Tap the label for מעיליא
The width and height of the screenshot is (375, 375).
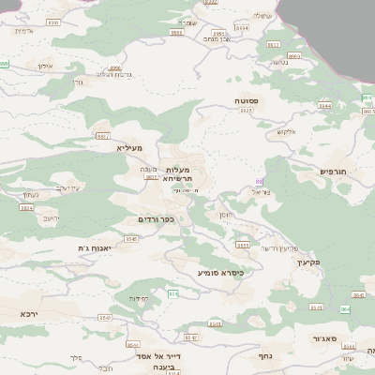pos(128,148)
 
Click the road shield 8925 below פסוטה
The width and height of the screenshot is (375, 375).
pos(247,111)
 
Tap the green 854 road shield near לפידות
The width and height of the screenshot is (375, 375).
pos(172,294)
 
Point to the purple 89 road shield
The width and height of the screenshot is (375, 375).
pos(260,181)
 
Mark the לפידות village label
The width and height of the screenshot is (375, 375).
pos(139,298)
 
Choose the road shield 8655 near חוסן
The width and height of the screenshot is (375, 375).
pos(243,246)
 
